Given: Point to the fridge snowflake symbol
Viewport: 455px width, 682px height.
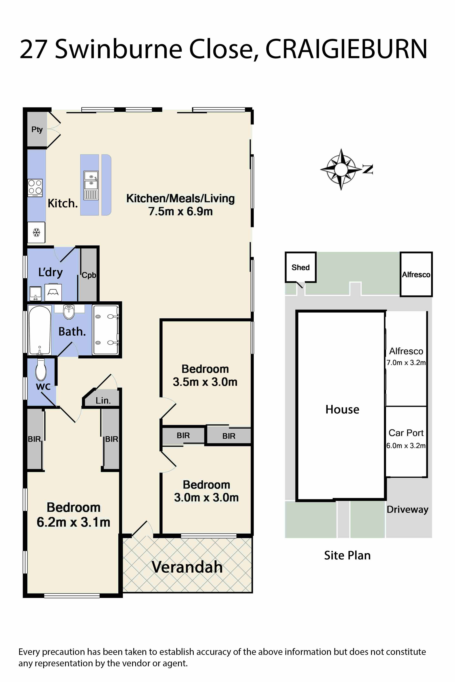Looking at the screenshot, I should (x=36, y=232).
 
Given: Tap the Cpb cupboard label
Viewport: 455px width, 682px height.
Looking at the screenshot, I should (x=89, y=275).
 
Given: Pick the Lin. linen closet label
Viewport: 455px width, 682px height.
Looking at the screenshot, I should (x=103, y=401).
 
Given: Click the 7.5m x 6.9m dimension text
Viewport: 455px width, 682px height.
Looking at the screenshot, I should (x=181, y=211).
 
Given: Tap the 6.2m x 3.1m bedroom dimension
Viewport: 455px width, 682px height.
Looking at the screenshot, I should (x=73, y=522).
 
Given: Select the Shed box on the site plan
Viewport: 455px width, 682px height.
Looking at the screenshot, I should (x=301, y=267).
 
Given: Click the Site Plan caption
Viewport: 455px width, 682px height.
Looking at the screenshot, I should (x=347, y=555).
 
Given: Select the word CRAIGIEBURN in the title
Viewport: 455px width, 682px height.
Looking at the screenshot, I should (x=346, y=49).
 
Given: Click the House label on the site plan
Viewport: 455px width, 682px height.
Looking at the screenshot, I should (x=342, y=409).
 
